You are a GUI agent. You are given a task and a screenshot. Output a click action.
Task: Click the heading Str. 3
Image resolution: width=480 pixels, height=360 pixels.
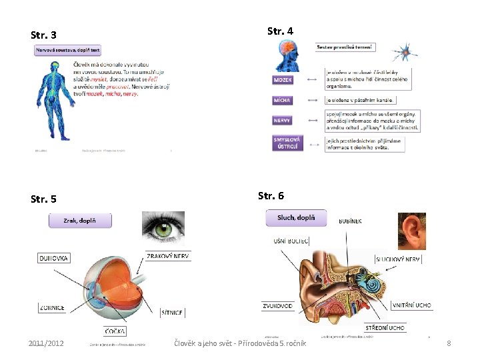44,35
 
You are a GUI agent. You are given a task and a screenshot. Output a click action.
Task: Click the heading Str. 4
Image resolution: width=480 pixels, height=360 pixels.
280,31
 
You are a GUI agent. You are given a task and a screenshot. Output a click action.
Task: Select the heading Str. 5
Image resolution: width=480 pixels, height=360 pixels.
44,199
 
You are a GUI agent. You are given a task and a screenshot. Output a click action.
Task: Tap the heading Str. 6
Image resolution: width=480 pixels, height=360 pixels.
271,195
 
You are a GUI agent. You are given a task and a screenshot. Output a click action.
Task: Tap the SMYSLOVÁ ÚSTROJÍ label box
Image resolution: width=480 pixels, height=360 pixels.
287,143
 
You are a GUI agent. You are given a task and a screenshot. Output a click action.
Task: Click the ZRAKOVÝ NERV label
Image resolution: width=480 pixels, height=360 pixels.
168,256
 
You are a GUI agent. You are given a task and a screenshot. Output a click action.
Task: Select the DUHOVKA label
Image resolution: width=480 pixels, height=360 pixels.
53,257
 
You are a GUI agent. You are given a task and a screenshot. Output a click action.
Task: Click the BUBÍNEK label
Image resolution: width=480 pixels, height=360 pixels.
350,221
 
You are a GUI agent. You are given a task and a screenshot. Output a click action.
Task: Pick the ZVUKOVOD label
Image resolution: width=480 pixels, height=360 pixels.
277,306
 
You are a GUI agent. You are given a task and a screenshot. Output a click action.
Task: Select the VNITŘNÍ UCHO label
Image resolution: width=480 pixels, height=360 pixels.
411,305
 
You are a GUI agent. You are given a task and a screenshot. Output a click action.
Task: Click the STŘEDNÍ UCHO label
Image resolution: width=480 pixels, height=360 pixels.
385,328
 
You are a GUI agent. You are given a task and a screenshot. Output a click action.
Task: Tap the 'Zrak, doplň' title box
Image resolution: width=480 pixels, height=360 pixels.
80,220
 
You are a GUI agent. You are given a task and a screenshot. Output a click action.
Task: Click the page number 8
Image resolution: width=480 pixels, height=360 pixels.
449,343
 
